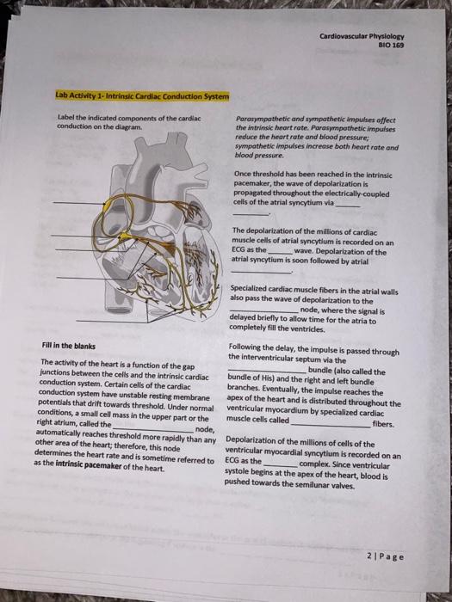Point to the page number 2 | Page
(386, 556)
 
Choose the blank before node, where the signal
(264, 310)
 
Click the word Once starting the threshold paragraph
(243, 175)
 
